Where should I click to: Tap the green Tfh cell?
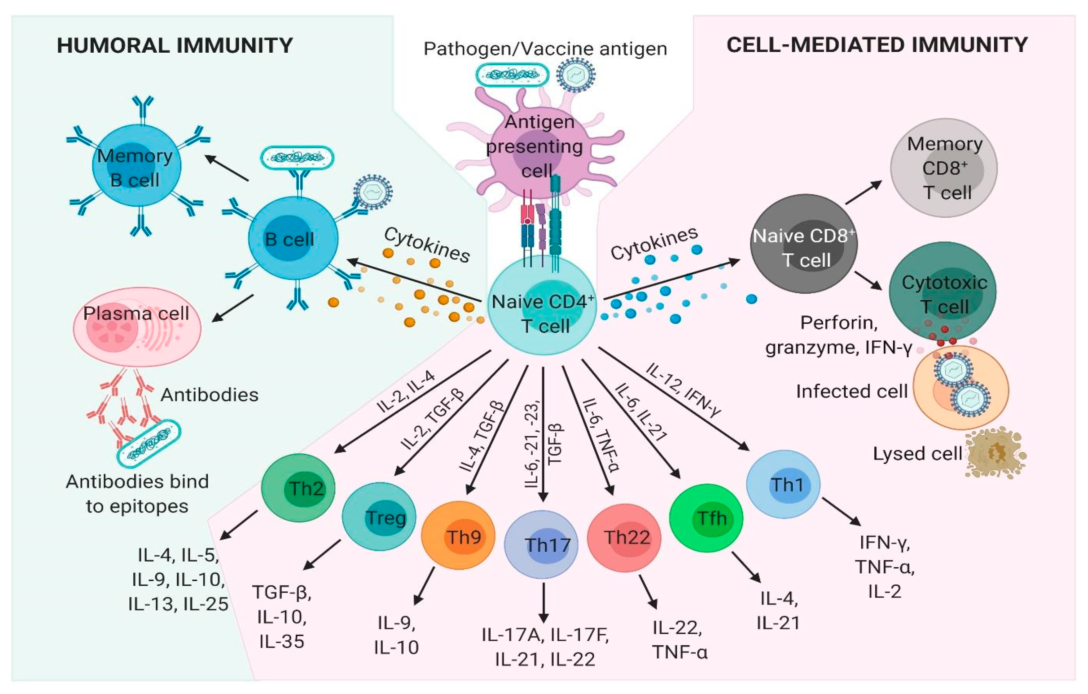pos(706,518)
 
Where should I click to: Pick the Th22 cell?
pos(624,538)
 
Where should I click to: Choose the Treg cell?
pos(379,516)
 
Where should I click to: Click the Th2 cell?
pos(298,488)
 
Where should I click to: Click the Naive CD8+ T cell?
pos(804,244)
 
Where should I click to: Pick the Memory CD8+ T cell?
pos(944,168)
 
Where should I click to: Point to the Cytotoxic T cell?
pos(943,292)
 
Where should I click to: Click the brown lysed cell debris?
pos(994,454)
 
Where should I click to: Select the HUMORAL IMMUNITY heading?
pos(175,46)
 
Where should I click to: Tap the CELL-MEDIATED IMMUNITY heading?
pos(877,45)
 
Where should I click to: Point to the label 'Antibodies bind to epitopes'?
pos(137,494)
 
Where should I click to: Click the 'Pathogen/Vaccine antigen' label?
pos(545,49)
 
